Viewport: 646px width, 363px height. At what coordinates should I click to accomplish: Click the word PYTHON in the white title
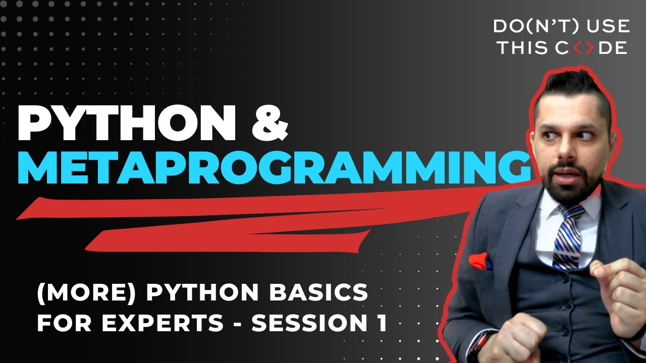click(x=126, y=124)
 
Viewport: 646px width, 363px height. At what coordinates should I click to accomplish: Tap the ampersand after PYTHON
click(x=270, y=124)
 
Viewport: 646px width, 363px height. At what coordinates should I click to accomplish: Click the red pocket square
click(x=480, y=262)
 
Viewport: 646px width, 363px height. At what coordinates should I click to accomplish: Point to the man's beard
click(x=565, y=181)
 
